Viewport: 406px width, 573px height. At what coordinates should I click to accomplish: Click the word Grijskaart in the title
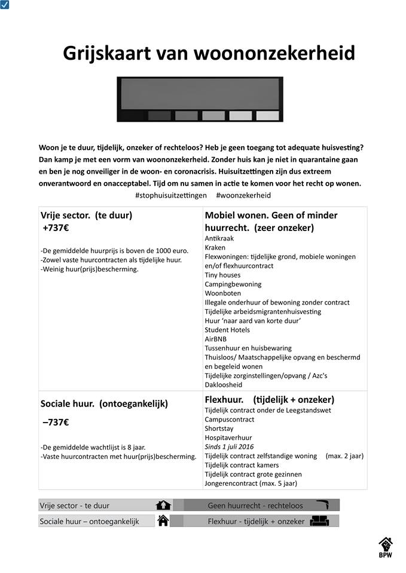click(x=106, y=53)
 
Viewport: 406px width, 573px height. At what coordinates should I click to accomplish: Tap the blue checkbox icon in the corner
click(x=4, y=5)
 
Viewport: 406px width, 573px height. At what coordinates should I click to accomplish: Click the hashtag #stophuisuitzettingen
click(x=171, y=195)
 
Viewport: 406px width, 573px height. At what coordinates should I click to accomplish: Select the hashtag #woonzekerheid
click(x=243, y=195)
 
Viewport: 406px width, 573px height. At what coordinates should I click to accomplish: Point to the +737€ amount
click(x=56, y=227)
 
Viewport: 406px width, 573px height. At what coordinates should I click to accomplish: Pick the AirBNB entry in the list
click(x=215, y=339)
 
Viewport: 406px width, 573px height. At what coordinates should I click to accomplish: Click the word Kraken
click(x=215, y=247)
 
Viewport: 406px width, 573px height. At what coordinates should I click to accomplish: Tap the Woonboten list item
click(x=222, y=293)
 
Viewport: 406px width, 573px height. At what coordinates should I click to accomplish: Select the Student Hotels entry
click(x=227, y=330)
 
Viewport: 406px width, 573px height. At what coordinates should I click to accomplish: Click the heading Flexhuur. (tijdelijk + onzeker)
click(x=269, y=399)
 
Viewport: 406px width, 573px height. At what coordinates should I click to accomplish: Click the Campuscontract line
click(x=229, y=420)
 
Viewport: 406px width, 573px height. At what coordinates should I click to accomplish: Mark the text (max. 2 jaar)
click(x=344, y=456)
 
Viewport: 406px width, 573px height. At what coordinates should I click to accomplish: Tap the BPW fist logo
click(x=386, y=546)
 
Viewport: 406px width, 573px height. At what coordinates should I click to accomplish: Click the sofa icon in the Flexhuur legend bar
click(x=320, y=521)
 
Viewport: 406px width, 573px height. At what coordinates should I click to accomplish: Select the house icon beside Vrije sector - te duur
click(x=163, y=506)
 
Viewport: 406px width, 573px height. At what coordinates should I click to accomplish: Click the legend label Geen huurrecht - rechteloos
click(x=255, y=506)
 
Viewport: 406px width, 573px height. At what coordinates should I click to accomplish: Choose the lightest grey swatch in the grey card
click(x=267, y=115)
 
